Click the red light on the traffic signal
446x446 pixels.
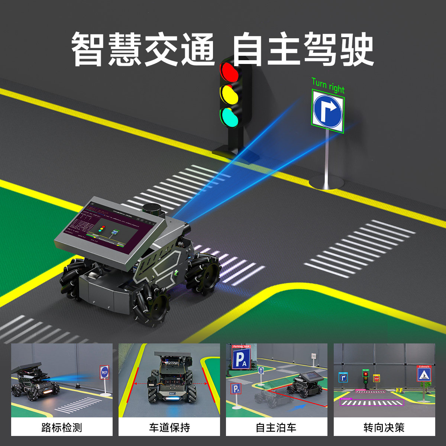[x=229, y=72]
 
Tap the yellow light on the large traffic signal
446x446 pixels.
[x=229, y=94]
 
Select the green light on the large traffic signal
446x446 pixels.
[x=229, y=117]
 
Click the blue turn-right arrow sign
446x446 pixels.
[x=327, y=110]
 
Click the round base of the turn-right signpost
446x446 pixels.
[x=327, y=182]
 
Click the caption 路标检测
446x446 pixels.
[x=62, y=427]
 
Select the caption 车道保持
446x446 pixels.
[x=169, y=427]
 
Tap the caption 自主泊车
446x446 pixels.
[x=277, y=427]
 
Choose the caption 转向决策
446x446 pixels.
[x=384, y=427]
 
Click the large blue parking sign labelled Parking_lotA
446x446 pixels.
[x=242, y=359]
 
